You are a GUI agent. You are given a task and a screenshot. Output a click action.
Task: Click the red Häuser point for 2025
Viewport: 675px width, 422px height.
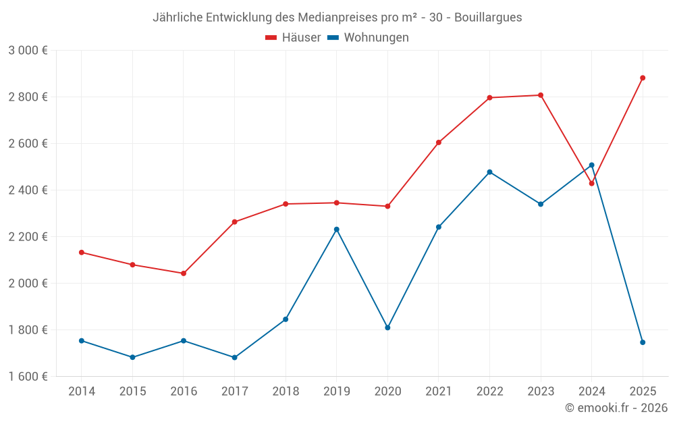pos(643,78)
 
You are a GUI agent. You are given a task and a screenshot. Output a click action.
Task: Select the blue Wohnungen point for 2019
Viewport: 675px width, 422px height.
pos(336,230)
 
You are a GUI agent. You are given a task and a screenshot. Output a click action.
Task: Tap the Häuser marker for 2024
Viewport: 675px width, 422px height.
pos(592,184)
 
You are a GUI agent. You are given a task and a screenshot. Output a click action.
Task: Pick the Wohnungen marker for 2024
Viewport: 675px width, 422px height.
pos(592,165)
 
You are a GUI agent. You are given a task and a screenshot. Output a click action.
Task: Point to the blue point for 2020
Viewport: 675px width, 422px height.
pos(387,327)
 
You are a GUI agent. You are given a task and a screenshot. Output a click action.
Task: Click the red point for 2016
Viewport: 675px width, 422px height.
pos(184,273)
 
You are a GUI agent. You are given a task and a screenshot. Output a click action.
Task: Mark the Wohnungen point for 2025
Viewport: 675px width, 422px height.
pos(643,342)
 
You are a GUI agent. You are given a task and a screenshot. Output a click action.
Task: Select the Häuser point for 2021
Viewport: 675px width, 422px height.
pos(439,142)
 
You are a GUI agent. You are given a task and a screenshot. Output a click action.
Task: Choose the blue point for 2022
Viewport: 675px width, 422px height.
pos(489,172)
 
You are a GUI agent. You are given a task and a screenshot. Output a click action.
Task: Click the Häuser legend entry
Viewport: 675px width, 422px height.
pos(293,38)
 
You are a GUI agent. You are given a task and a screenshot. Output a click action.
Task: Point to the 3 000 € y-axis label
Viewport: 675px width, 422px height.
pos(28,51)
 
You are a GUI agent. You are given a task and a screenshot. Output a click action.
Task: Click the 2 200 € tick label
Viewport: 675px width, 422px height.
pos(28,237)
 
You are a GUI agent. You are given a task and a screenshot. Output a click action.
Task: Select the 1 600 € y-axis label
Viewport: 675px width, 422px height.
pos(28,377)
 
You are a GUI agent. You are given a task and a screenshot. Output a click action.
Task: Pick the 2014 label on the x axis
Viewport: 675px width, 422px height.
pos(82,391)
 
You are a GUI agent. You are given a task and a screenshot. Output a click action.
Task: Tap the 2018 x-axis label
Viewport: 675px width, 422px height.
pos(286,391)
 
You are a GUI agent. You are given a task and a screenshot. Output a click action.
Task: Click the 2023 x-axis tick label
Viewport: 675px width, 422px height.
pos(541,391)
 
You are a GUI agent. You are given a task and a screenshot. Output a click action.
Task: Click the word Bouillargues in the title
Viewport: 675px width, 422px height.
pos(488,18)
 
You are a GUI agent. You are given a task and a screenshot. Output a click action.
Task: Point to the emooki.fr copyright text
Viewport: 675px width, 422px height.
pos(616,408)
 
